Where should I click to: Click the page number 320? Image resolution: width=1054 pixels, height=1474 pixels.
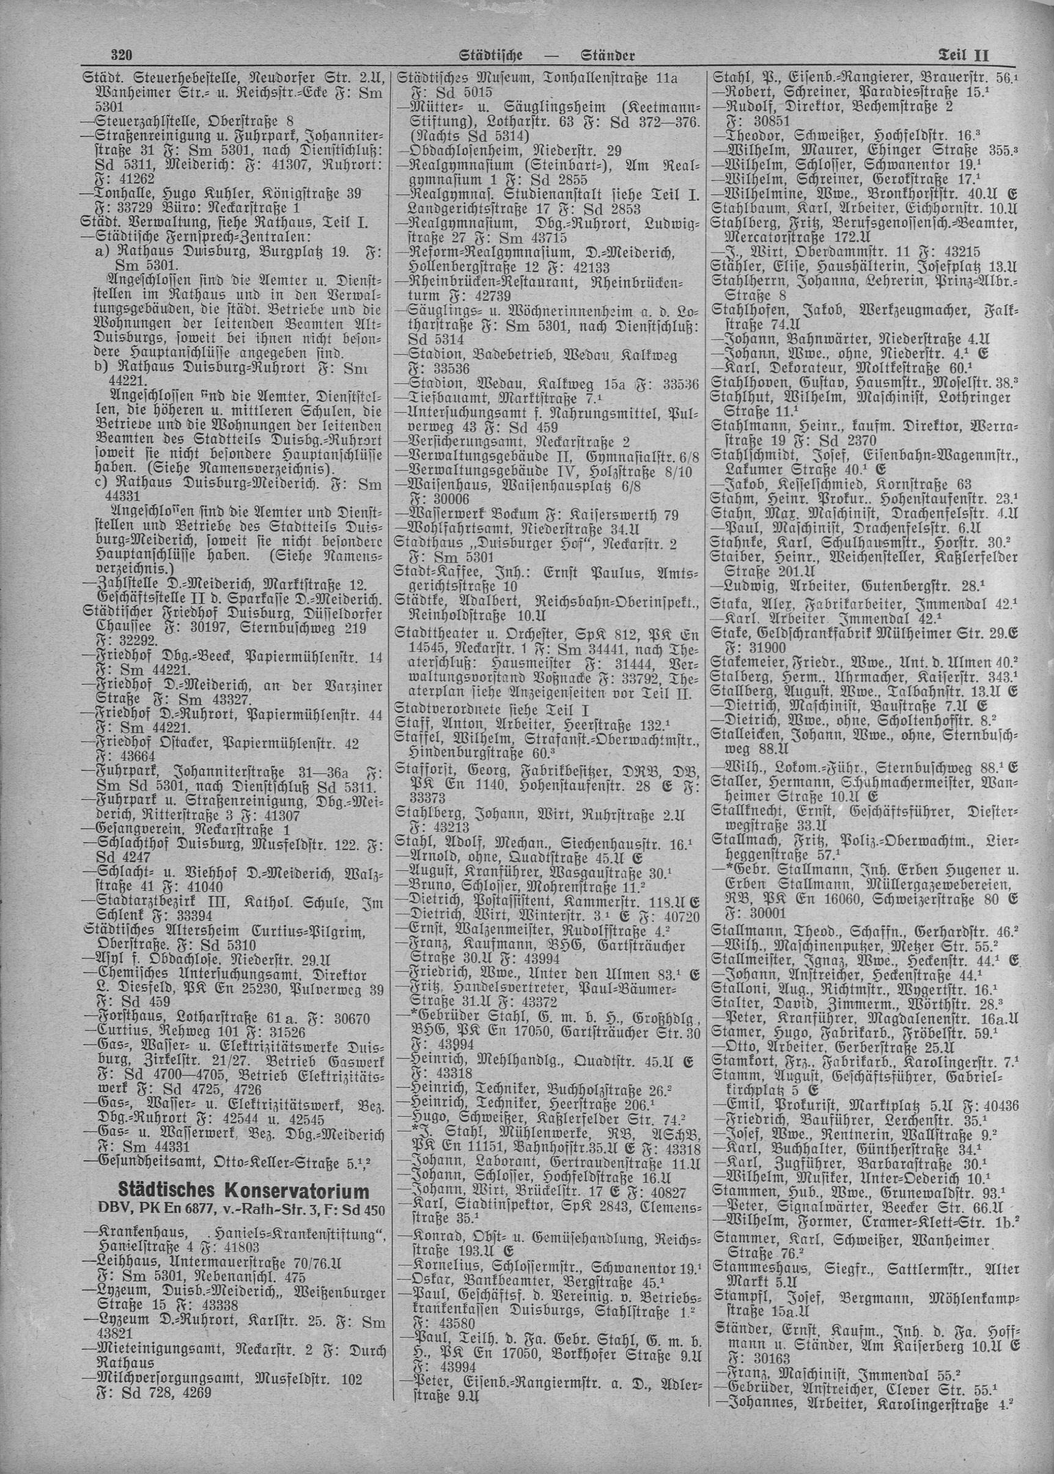click(x=122, y=55)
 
